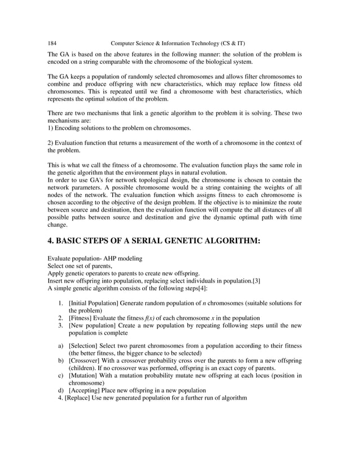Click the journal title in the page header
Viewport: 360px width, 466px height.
pos(178,43)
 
